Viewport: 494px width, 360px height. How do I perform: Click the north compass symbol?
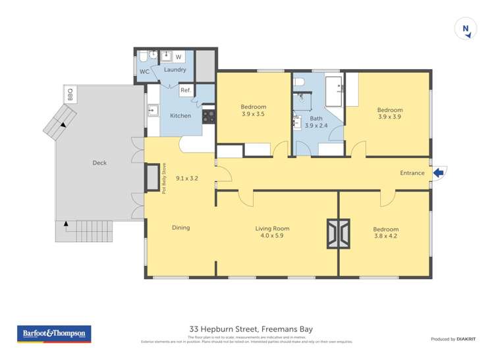coord(466,28)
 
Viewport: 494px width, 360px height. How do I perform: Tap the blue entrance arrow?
coord(439,172)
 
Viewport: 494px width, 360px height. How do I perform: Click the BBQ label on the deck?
coord(70,95)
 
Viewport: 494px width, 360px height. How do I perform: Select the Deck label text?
coord(99,163)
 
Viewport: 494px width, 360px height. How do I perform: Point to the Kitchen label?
coord(180,116)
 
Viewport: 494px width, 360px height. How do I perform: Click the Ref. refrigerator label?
coord(186,90)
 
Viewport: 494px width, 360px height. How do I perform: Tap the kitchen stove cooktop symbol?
coord(209,116)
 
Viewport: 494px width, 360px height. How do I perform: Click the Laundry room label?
coord(175,70)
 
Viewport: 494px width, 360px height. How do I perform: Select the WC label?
coord(144,72)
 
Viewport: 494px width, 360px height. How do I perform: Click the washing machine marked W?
coord(178,57)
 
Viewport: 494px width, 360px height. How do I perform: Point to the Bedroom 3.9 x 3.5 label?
coord(254,111)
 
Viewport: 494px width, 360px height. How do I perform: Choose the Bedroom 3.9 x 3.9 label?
coord(389,113)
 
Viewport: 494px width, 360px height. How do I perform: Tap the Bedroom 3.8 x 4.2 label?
coord(385,232)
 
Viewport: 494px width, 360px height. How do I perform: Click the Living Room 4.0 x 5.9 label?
coord(272,232)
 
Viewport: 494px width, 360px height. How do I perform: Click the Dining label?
coord(180,228)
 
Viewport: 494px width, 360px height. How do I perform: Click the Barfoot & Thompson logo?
coord(54,334)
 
